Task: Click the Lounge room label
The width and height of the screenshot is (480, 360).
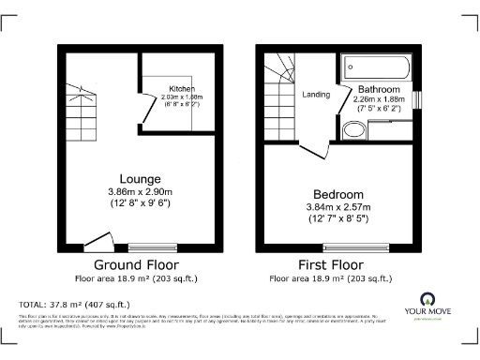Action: [140, 178]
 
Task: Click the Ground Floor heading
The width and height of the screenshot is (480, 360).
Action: [136, 265]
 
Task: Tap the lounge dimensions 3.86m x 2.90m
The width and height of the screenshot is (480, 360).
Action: [140, 190]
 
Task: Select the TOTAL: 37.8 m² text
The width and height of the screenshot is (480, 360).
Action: [73, 304]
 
